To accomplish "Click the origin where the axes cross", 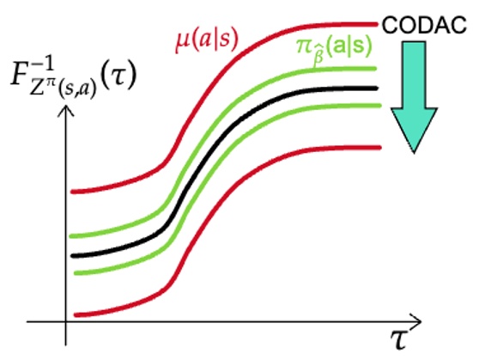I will pos(66,322).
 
